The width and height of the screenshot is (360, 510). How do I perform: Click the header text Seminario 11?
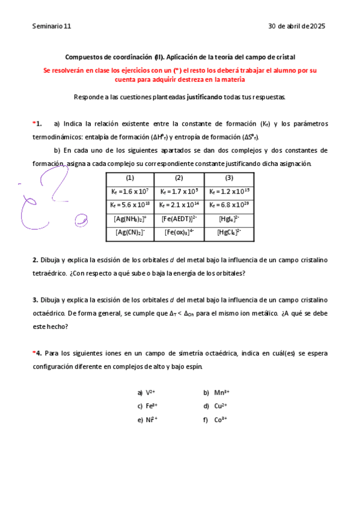click(x=52, y=26)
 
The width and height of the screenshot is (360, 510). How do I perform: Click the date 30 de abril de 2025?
click(x=296, y=26)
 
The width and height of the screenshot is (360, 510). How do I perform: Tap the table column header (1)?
click(x=130, y=178)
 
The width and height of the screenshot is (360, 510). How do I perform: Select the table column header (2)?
click(x=179, y=178)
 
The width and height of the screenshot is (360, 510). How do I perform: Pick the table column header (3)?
click(x=228, y=178)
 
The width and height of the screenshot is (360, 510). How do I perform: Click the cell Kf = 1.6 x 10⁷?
click(x=130, y=192)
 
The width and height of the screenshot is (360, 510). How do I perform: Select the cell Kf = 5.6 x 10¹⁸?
click(x=130, y=205)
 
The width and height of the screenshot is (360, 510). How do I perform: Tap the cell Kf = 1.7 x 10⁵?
click(x=179, y=192)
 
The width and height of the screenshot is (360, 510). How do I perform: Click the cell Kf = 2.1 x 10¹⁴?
click(x=179, y=205)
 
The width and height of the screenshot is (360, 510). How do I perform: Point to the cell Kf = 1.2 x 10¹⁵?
click(x=228, y=192)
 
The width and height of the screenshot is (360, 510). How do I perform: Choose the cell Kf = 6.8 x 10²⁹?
click(x=228, y=205)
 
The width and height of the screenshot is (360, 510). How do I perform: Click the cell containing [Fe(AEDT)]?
click(x=179, y=219)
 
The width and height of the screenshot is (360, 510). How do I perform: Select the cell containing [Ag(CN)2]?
click(x=130, y=233)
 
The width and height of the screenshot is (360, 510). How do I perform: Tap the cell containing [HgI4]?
click(x=228, y=219)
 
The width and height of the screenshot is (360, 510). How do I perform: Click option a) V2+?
click(x=147, y=393)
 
